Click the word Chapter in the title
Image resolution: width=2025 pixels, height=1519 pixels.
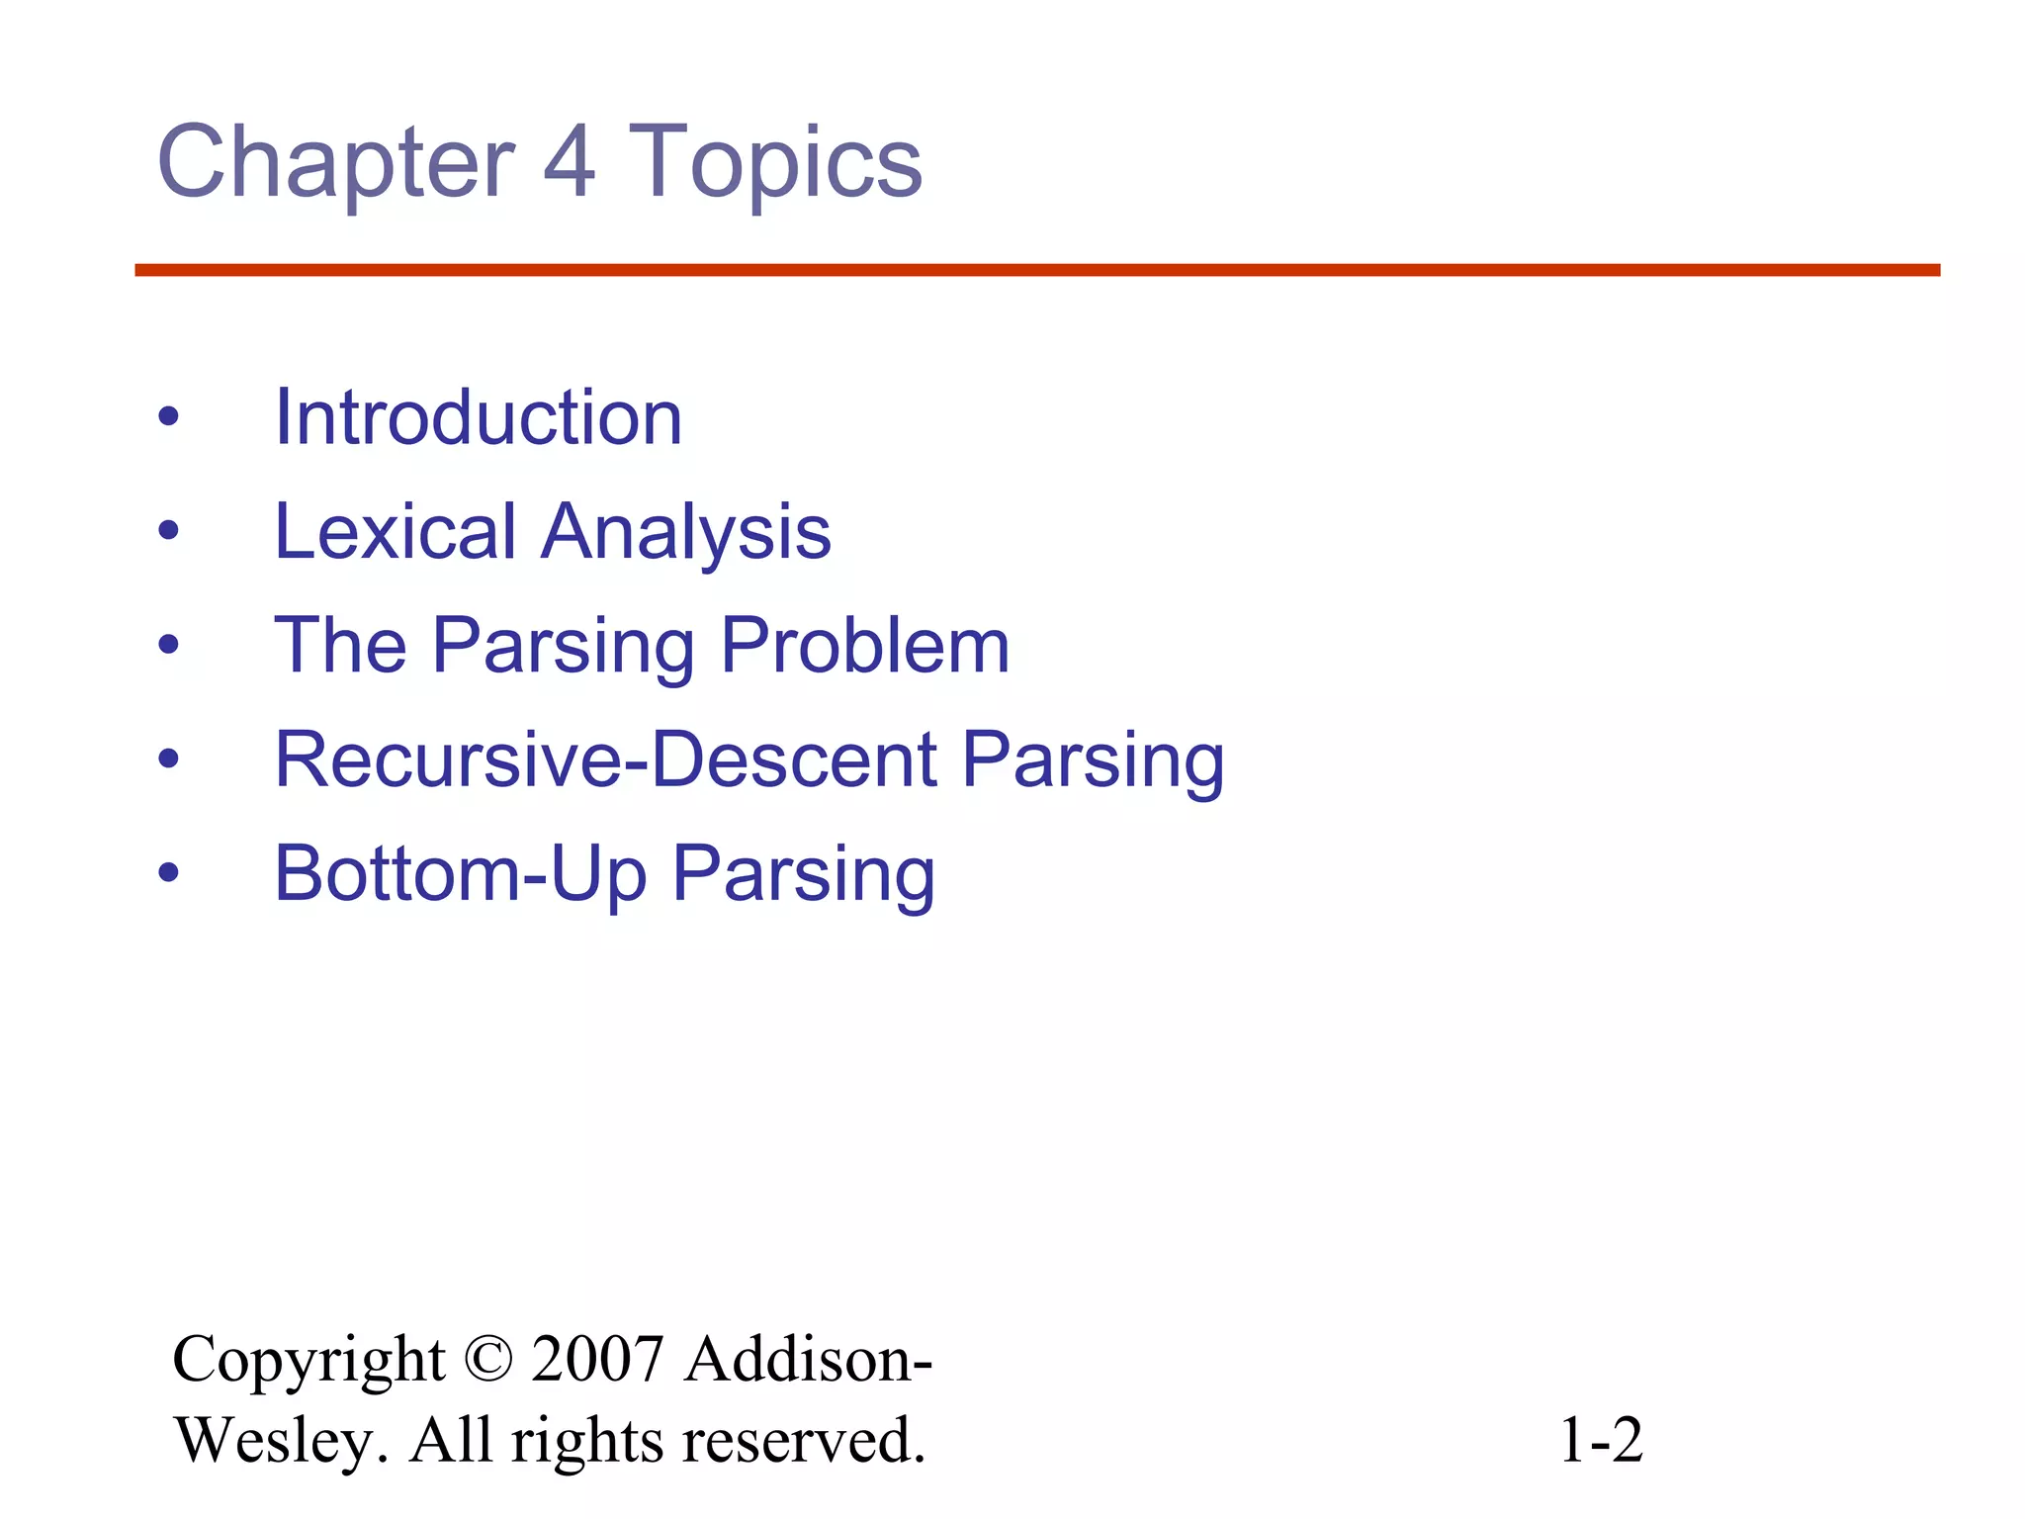[x=336, y=163]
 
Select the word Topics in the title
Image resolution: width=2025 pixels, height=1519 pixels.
[x=775, y=163]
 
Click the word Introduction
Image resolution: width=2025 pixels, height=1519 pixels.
[x=479, y=418]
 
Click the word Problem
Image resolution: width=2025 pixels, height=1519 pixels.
[x=865, y=646]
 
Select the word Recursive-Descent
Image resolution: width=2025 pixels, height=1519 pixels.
[x=606, y=759]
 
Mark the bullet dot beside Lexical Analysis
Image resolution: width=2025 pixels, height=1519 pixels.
[x=169, y=531]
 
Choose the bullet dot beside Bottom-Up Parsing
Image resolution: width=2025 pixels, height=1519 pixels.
[x=169, y=873]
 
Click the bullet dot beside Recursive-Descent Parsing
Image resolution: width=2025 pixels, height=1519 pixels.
[x=169, y=759]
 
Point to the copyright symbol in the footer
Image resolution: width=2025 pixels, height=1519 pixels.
[x=487, y=1359]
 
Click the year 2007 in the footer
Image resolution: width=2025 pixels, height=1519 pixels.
[x=597, y=1359]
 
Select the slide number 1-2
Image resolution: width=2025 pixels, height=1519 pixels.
[x=1601, y=1440]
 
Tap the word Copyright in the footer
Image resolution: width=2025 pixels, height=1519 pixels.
[x=308, y=1361]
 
